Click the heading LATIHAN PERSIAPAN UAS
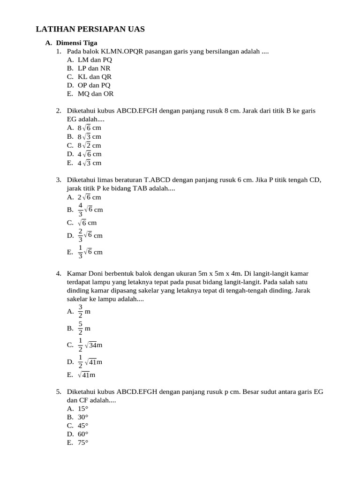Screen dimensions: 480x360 click(90, 30)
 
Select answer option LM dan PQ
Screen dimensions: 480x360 click(95, 60)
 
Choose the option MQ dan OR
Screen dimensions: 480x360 click(96, 94)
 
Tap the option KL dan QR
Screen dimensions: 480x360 click(95, 77)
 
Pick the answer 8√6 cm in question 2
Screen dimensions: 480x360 click(90, 128)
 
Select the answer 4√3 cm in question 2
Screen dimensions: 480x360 click(90, 163)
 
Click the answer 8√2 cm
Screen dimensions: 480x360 click(90, 145)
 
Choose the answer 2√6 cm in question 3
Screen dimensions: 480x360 click(90, 197)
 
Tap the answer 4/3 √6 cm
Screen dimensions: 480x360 click(90, 210)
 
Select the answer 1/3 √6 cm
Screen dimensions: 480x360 click(90, 252)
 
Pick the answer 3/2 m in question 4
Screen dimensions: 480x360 click(84, 311)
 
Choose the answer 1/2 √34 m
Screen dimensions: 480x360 click(90, 345)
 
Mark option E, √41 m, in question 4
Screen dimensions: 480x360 click(87, 375)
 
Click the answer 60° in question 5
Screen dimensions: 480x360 click(83, 434)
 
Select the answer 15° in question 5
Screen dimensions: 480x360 click(83, 409)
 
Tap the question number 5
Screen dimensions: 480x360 click(58, 391)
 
